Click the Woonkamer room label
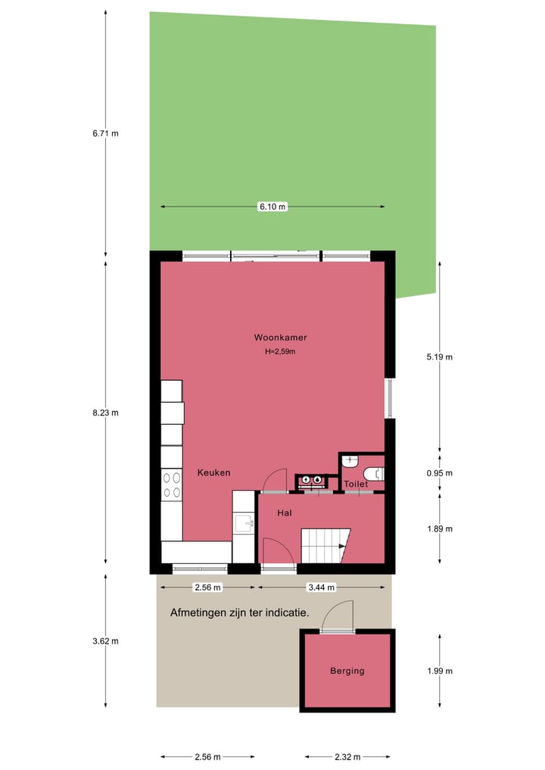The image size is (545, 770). (280, 338)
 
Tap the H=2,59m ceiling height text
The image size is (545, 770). (280, 351)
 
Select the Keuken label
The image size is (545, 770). (213, 472)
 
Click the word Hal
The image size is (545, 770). (285, 513)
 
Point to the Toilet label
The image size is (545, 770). (356, 484)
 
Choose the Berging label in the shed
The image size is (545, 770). (347, 671)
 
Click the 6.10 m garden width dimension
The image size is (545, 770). (272, 207)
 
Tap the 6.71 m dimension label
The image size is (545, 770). (105, 133)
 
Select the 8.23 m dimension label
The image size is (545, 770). (105, 413)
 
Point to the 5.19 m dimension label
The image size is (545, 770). (439, 357)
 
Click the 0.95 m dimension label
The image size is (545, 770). (439, 473)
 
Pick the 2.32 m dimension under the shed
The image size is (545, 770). (347, 756)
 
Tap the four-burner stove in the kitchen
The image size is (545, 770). (172, 485)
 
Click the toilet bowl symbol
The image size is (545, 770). (375, 474)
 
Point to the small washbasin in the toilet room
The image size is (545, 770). (350, 460)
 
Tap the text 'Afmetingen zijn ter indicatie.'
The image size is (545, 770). (240, 613)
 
